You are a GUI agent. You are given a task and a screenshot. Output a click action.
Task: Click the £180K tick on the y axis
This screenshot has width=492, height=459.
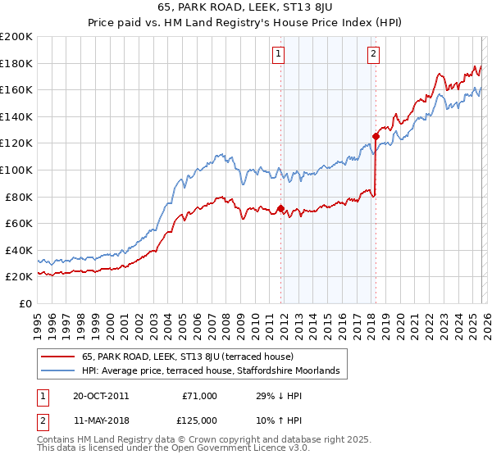pos(16,63)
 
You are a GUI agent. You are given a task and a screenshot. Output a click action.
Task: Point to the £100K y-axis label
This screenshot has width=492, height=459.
pos(16,170)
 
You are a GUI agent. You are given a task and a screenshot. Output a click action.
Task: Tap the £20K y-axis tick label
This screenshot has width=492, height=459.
pos(19,277)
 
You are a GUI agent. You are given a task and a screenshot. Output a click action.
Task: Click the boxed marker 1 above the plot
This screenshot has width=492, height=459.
pos(279,54)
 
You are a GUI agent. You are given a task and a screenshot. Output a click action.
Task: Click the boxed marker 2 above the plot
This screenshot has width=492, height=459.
pos(373,54)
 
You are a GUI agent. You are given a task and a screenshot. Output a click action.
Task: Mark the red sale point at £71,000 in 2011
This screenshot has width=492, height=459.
pos(280,208)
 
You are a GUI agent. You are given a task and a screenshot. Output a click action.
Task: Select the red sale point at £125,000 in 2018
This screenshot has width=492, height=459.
pos(376,136)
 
